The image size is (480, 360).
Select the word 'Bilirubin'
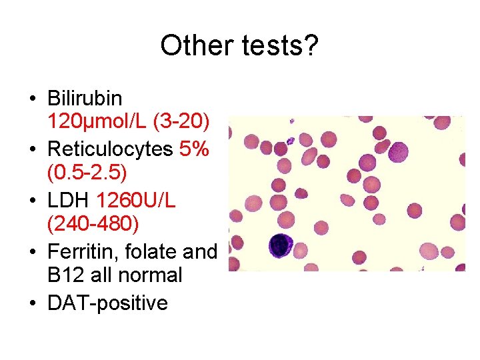click(85, 99)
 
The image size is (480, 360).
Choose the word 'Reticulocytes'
click(110, 149)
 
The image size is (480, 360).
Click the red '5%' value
click(194, 149)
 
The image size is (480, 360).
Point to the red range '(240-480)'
click(93, 224)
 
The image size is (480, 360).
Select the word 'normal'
click(148, 275)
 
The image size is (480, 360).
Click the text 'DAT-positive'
click(107, 303)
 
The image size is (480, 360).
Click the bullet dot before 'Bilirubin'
click(32, 99)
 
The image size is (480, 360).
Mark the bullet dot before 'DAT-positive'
click(32, 303)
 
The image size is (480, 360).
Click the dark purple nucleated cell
click(281, 246)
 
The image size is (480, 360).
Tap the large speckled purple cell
click(400, 152)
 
